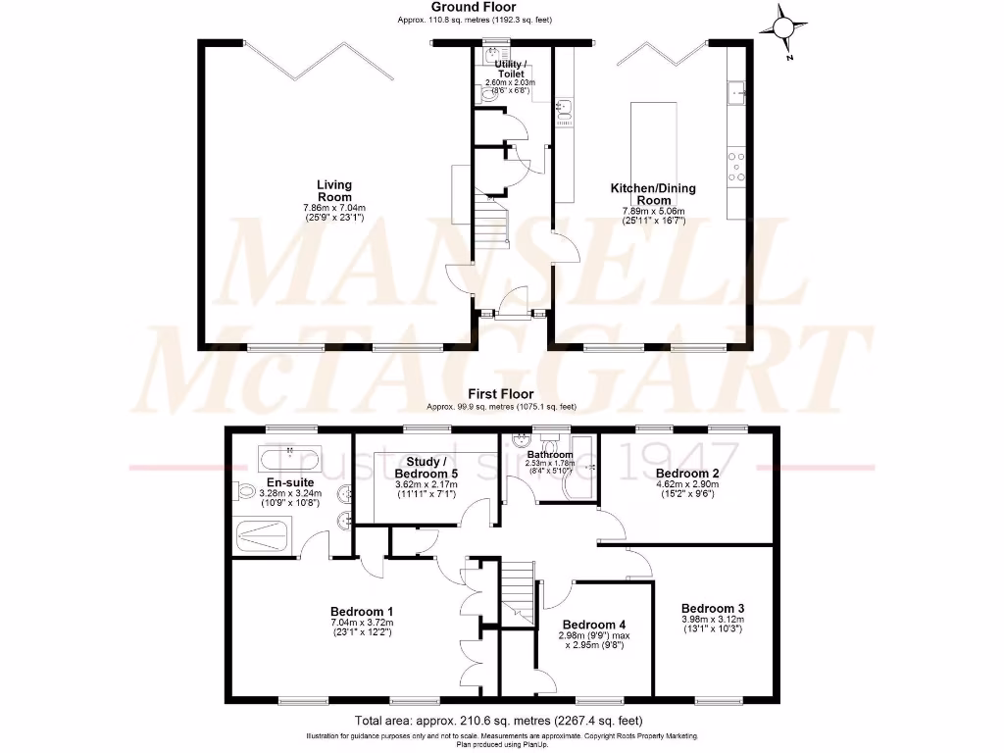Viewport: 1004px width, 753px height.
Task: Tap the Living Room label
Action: (x=333, y=190)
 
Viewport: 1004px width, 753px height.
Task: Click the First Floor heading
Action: (x=501, y=394)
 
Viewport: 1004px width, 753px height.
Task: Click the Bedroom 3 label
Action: (x=713, y=607)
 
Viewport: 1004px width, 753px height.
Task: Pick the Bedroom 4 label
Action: (x=593, y=625)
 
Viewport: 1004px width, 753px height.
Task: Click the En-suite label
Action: (x=290, y=482)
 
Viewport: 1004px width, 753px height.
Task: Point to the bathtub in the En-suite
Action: (x=287, y=458)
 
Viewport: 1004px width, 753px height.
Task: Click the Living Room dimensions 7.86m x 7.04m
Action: (x=333, y=208)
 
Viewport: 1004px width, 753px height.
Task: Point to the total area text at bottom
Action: (x=501, y=720)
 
